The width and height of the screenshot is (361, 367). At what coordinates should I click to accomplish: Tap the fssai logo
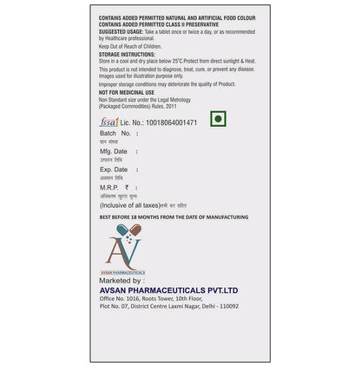[109, 123]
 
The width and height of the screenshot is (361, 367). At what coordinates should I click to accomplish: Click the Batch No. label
[115, 134]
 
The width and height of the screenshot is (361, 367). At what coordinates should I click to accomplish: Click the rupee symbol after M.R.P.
[127, 187]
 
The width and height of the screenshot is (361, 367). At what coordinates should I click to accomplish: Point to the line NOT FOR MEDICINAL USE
[127, 92]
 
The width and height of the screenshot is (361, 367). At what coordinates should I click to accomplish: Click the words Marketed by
[121, 281]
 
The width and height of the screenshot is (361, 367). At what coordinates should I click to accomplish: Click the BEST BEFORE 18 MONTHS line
[174, 217]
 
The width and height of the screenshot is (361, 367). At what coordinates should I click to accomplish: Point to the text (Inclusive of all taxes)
[139, 204]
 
